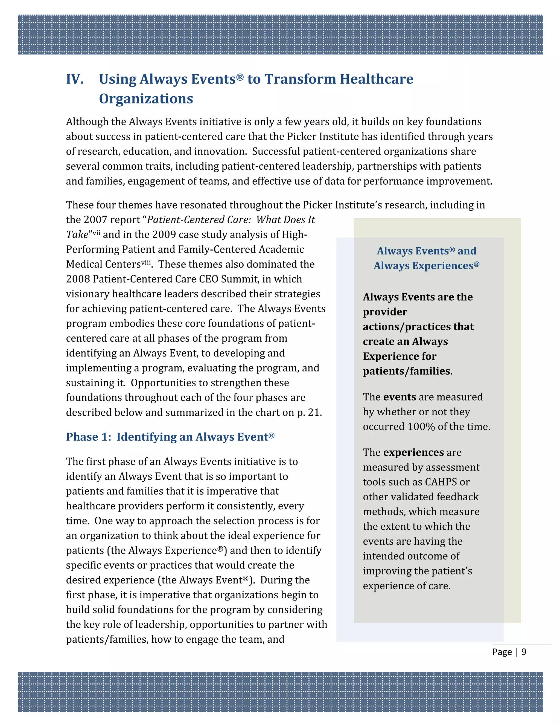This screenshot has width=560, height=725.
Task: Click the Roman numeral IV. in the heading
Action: [74, 79]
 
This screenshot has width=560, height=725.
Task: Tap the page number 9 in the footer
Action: [524, 652]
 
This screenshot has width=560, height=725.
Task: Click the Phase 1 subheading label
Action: [88, 437]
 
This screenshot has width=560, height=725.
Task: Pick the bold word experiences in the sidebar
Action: [413, 453]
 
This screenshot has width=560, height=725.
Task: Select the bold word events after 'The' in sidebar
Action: [399, 397]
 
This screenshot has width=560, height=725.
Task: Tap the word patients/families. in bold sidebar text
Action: [407, 371]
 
